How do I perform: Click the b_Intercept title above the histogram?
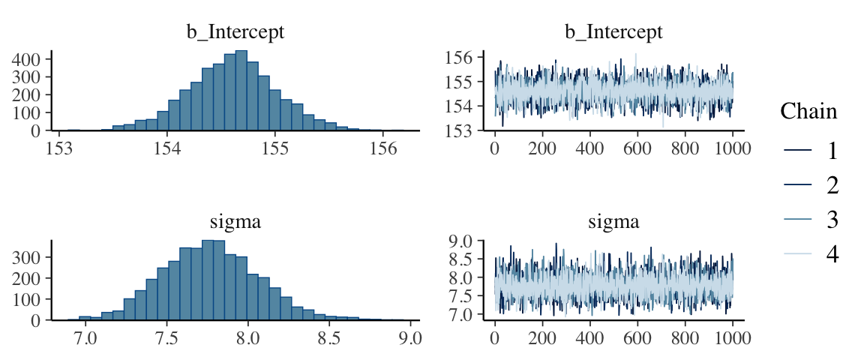tap(235, 32)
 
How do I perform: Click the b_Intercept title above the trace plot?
tap(613, 32)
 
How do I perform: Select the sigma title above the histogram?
tap(235, 222)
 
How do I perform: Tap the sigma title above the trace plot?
tap(613, 222)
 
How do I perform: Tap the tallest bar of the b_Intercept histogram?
tap(241, 90)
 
